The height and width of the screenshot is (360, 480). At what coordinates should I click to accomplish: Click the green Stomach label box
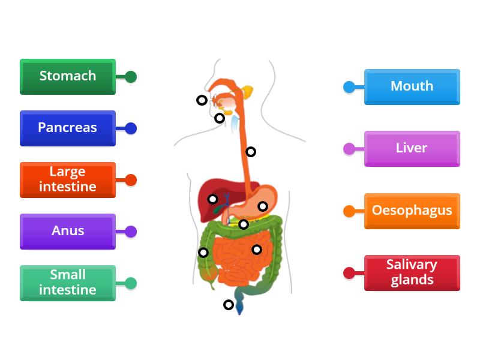click(68, 76)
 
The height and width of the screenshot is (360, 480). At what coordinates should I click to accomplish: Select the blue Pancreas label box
click(68, 128)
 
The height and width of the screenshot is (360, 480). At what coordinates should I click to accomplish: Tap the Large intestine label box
click(68, 179)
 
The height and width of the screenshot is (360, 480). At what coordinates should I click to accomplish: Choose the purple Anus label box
click(68, 231)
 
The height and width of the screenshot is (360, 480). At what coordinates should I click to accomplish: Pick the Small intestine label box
click(68, 283)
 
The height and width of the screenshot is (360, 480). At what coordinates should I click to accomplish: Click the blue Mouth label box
click(412, 86)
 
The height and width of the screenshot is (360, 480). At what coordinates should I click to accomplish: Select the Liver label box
click(412, 148)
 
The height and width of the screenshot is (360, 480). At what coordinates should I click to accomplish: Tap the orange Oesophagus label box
click(412, 211)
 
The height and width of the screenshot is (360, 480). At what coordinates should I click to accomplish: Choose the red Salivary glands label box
click(412, 272)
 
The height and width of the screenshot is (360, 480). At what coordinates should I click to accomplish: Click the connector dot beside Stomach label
click(131, 77)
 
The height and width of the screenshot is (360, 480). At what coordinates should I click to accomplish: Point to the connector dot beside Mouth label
click(349, 87)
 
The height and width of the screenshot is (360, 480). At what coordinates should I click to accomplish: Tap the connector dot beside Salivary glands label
click(349, 273)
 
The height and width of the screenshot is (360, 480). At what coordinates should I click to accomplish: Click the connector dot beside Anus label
click(131, 232)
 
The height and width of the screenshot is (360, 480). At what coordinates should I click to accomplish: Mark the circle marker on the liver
click(212, 199)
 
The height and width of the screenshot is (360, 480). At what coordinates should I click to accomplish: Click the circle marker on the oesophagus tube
click(251, 152)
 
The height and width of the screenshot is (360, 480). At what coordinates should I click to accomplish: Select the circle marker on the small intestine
click(256, 250)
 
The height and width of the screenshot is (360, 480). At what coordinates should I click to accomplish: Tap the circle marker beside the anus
click(228, 305)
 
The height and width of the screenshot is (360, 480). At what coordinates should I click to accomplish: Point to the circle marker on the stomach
click(262, 206)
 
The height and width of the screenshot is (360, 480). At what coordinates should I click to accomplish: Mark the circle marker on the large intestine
click(203, 253)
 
